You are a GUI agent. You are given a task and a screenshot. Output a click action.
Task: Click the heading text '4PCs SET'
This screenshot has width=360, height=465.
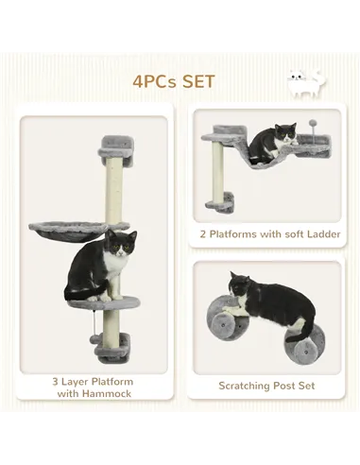[180, 80]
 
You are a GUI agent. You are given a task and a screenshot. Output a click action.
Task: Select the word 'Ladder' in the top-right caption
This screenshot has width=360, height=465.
[321, 232]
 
